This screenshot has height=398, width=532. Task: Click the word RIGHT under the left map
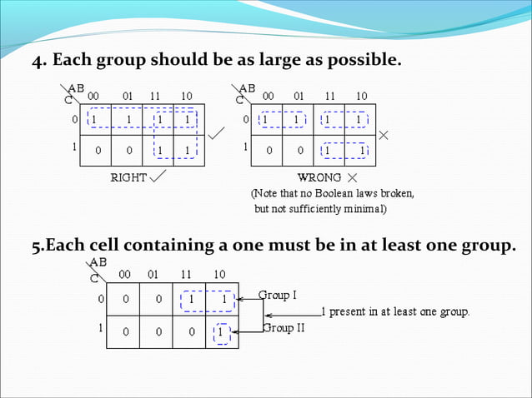pos(128,177)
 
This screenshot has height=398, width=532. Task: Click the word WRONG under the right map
pos(318,177)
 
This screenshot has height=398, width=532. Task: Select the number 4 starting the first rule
pos(37,62)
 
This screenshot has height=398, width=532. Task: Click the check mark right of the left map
pos(216,132)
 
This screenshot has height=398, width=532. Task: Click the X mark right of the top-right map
pos(384,134)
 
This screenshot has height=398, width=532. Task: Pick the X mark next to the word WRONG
pos(352,177)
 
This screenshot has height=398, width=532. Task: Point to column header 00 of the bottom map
pos(124,274)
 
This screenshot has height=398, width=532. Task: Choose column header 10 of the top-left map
pos(187,97)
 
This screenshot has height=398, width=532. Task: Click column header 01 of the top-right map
pos(299,97)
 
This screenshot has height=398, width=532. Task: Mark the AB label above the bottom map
pos(98,261)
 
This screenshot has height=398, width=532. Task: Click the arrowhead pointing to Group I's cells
pos(240,298)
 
